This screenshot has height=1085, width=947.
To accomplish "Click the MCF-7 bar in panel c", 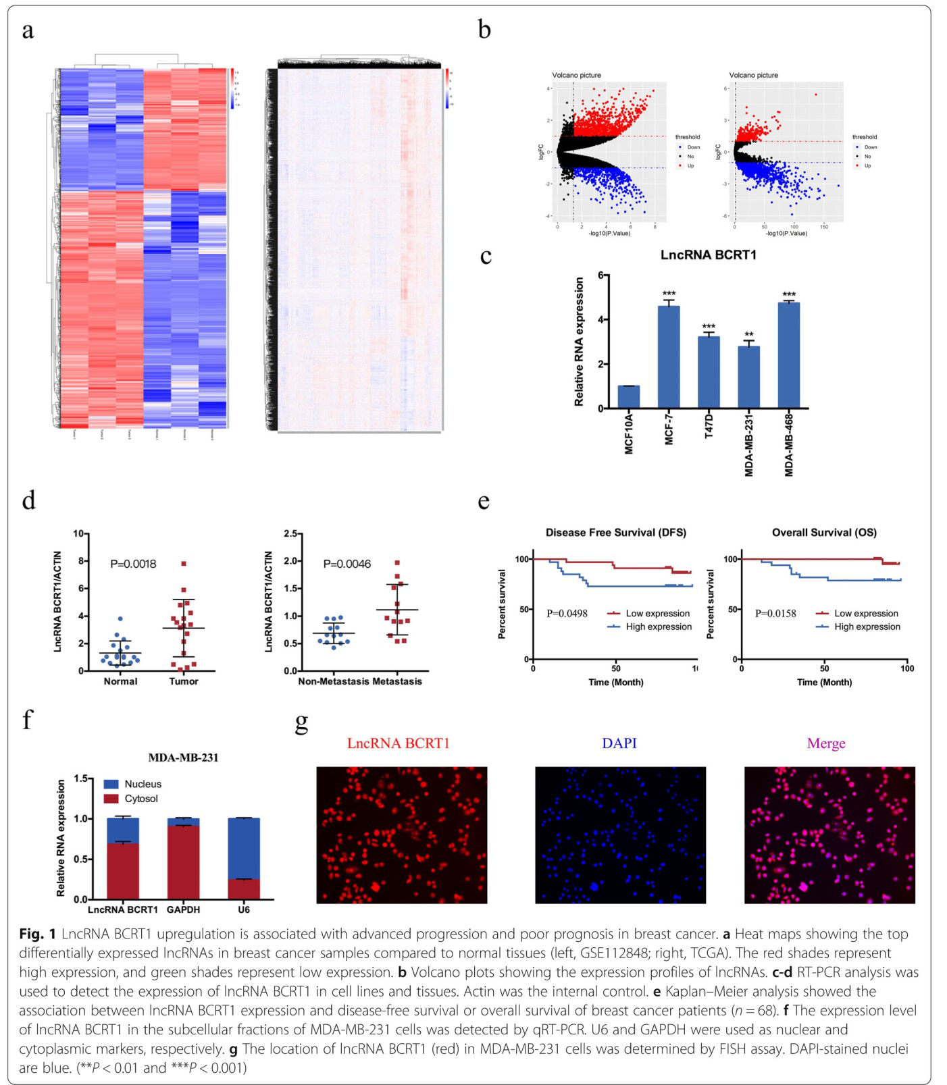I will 669,358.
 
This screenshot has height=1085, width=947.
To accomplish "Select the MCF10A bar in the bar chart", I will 628,397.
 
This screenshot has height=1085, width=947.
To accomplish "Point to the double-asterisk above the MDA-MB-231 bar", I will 748,335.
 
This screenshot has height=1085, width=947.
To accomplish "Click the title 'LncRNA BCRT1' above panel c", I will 708,255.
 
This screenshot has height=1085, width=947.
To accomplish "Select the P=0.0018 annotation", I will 133,564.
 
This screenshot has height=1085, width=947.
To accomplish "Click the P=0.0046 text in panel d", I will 347,564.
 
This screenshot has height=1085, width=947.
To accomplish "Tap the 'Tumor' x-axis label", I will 184,681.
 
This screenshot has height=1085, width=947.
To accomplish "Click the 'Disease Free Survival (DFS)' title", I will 615,533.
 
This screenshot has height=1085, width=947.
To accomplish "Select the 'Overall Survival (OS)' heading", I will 824,533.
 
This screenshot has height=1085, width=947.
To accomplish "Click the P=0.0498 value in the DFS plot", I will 567,614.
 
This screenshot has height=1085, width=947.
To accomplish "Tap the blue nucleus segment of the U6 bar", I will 244,848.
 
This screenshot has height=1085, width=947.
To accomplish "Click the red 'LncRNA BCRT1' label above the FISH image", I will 398,743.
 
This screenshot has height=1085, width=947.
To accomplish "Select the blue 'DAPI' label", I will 619,743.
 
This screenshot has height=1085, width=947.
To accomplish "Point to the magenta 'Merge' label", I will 825,743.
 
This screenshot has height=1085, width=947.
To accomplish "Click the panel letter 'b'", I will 484,30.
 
